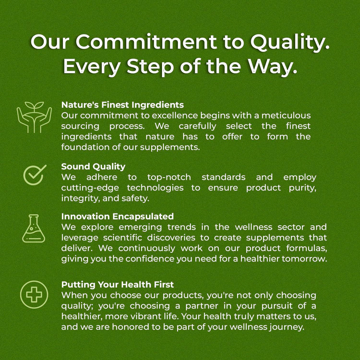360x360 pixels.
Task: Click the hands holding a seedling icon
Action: coord(34,117)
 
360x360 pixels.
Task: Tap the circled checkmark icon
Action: coord(35,175)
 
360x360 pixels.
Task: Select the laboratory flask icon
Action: coord(33,229)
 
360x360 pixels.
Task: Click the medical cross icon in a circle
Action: coord(34,294)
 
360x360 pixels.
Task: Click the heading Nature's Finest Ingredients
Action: coord(123,105)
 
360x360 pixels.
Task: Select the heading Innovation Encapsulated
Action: coord(118,216)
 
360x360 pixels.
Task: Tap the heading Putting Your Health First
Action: coord(118,285)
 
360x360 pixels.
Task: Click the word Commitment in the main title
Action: coord(146,42)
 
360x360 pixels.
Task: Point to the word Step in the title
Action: coord(150,67)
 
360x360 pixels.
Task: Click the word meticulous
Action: coord(286,115)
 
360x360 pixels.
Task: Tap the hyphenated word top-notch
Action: coord(169,177)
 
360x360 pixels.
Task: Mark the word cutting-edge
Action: coord(90,188)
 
